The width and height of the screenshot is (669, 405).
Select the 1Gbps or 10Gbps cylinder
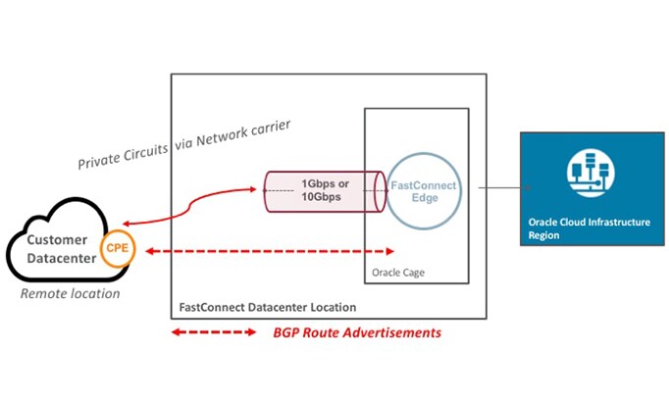322,191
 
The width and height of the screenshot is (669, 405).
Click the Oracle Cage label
399,271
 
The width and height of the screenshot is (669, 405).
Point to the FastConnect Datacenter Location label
267,307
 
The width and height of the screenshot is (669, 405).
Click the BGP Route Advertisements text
356,333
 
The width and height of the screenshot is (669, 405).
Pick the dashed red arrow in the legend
214,333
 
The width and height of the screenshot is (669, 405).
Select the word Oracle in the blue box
545,223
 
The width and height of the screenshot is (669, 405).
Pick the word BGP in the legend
287,333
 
